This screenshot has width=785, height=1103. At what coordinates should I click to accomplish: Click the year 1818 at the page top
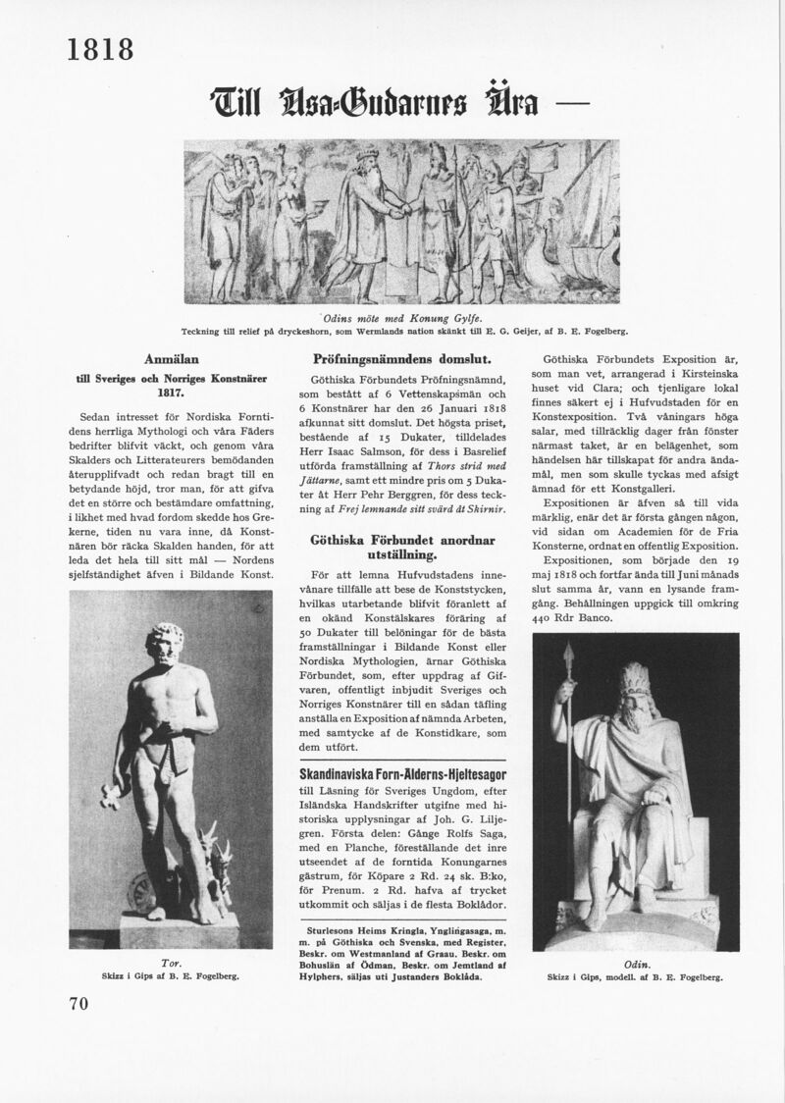[100, 48]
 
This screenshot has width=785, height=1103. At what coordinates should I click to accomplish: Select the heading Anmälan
[172, 359]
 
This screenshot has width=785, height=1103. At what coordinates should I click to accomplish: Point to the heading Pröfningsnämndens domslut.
[401, 359]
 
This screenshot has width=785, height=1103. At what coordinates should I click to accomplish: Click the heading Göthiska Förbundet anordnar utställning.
[401, 548]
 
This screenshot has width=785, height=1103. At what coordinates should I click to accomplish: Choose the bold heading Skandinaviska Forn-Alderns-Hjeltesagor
[401, 774]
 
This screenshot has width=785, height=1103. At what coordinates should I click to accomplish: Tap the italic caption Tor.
[171, 963]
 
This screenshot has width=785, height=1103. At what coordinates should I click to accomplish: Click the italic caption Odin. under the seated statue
[636, 964]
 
